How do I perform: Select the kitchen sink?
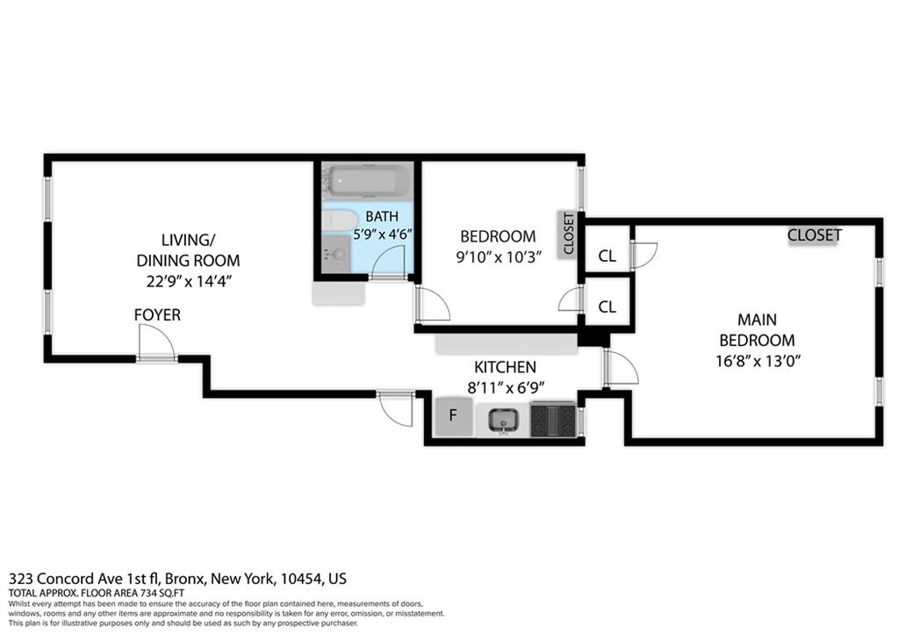(502, 419)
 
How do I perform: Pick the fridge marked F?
(453, 415)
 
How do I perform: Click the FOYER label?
(157, 314)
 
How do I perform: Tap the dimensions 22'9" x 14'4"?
(188, 281)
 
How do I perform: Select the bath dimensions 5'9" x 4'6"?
(383, 235)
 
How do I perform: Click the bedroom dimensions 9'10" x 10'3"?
(498, 256)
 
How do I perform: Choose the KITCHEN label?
(505, 367)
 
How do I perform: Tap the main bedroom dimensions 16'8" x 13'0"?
(757, 360)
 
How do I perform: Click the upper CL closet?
(607, 256)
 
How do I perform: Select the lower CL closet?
(607, 307)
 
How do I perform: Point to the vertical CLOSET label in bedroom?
(568, 234)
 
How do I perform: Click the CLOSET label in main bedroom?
(814, 235)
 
